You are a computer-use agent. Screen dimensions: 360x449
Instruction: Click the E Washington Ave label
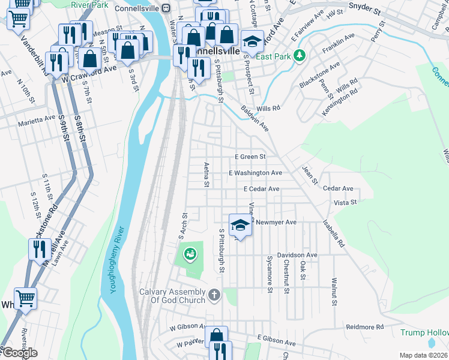click(x=255, y=173)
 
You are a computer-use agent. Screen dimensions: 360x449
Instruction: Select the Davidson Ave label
click(x=297, y=255)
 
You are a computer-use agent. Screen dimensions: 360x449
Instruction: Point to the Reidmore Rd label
click(x=364, y=327)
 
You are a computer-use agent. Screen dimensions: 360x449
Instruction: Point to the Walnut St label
click(x=333, y=291)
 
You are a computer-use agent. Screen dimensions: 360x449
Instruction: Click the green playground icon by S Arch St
click(x=190, y=254)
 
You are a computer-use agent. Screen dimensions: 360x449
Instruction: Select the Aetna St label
click(x=206, y=174)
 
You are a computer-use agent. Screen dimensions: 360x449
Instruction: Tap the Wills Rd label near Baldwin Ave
click(x=268, y=109)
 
